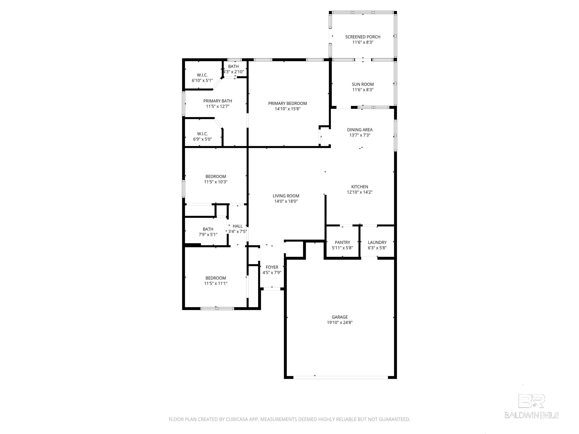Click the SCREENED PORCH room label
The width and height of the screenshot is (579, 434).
362,37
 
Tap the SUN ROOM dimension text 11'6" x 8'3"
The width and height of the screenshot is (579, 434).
362,90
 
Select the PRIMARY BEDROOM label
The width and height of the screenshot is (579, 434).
287,103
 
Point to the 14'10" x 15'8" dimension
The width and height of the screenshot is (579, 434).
287,109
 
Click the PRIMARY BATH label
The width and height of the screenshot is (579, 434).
218,101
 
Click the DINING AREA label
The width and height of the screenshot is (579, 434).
360,130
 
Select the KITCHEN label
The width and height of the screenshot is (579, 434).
359,187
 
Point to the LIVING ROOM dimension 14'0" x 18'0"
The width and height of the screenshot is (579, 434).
286,201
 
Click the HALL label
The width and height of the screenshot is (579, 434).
237,226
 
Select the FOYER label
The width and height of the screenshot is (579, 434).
272,267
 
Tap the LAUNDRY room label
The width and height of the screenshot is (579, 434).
377,242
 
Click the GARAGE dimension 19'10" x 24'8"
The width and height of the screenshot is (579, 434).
339,322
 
